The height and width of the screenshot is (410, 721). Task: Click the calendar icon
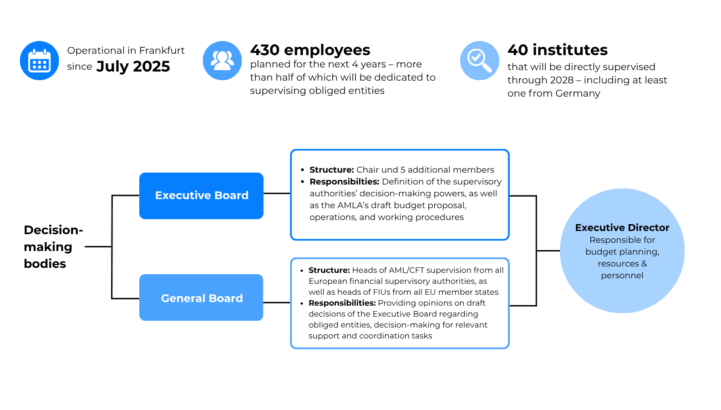40,61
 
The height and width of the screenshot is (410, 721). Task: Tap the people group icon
222,61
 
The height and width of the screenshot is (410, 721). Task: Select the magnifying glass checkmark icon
480,61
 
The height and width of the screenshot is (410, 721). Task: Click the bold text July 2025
133,67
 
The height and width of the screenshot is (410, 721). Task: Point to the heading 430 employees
310,50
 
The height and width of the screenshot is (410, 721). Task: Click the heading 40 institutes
558,50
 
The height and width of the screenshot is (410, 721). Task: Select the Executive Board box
202,196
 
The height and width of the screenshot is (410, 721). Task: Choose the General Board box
201,297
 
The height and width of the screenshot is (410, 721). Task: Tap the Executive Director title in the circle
622,228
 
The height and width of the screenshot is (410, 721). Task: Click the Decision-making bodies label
53,247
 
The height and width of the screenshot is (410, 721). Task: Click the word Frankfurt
162,51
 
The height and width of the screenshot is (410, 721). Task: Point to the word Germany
578,94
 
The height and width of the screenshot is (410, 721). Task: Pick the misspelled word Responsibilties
345,182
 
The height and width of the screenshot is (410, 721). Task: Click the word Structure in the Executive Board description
332,170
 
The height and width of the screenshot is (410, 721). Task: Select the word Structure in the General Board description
329,270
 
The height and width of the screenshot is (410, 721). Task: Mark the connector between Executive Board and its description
277,193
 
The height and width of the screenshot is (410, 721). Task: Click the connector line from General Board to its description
277,302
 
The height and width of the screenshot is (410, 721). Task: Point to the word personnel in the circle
622,276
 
